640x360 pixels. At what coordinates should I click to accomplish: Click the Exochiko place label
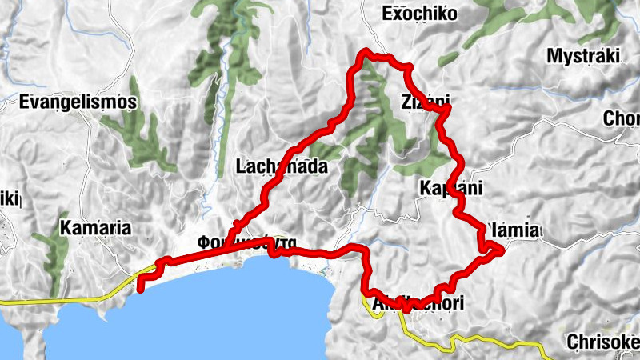point(419,14)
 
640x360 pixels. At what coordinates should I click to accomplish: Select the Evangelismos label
point(78,102)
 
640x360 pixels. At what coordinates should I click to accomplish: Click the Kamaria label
point(95,228)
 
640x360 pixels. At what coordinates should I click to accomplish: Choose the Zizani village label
point(425,102)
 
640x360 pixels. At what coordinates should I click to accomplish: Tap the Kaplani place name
point(450,189)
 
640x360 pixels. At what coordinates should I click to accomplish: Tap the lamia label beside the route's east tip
point(512,230)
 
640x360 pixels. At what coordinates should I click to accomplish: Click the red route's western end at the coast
point(141,289)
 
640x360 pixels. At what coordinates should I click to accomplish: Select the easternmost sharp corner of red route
point(502,250)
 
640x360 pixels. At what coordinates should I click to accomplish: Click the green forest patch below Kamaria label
point(56,256)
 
